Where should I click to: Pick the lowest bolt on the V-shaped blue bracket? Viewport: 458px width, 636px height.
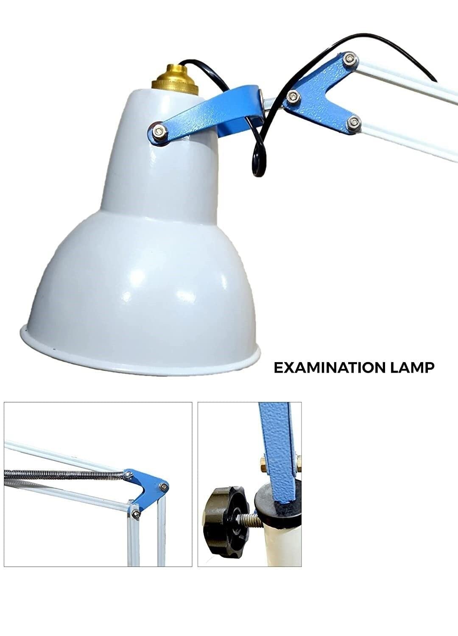(353, 122)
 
